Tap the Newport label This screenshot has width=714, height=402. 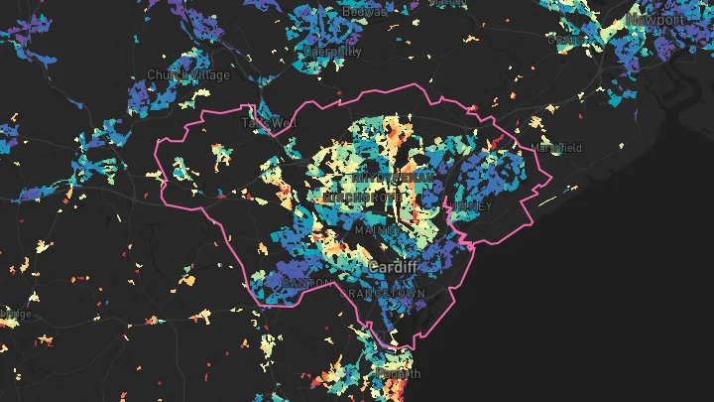656,19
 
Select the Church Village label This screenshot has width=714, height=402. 187,74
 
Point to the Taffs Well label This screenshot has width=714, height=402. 269,123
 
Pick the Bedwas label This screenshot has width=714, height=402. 363,11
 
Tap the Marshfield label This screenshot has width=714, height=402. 556,148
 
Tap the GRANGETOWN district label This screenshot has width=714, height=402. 382,296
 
